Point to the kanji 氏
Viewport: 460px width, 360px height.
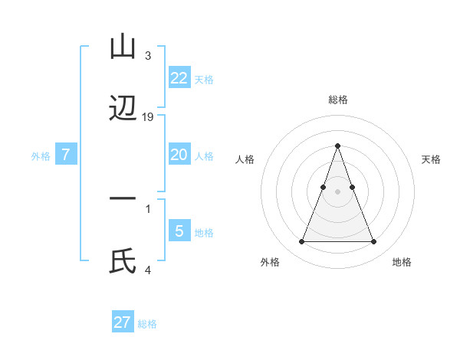click(123, 262)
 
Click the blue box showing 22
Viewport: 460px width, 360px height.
click(179, 78)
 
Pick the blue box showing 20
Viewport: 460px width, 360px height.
click(179, 155)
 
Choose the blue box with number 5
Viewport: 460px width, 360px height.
click(179, 231)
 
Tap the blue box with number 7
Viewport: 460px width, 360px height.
click(66, 155)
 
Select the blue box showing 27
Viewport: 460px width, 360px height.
click(123, 322)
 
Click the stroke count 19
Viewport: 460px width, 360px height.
click(148, 117)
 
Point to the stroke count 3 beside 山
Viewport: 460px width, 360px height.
click(148, 56)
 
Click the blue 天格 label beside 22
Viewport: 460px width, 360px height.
click(204, 80)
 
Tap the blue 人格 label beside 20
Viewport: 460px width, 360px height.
click(204, 156)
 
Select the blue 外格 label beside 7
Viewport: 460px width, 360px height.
click(41, 156)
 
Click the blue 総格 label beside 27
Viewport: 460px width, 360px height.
click(148, 324)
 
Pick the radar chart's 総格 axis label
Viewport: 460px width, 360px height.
click(338, 100)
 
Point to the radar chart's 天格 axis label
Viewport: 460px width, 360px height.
click(432, 159)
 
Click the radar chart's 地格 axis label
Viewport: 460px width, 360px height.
click(402, 262)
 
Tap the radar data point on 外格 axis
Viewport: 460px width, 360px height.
click(301, 242)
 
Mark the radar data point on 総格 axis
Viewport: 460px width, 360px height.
click(338, 146)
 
